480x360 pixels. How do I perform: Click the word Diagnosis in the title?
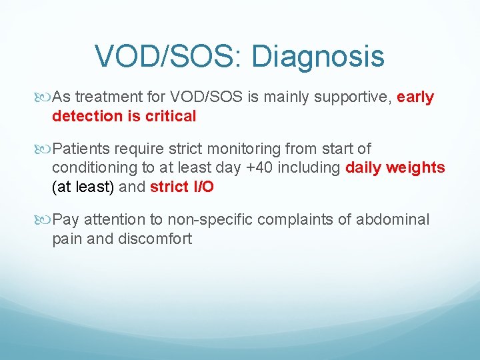tap(318, 57)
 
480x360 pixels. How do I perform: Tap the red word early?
tap(415, 97)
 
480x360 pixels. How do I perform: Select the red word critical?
tap(170, 116)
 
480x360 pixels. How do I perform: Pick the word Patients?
tap(80, 149)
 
